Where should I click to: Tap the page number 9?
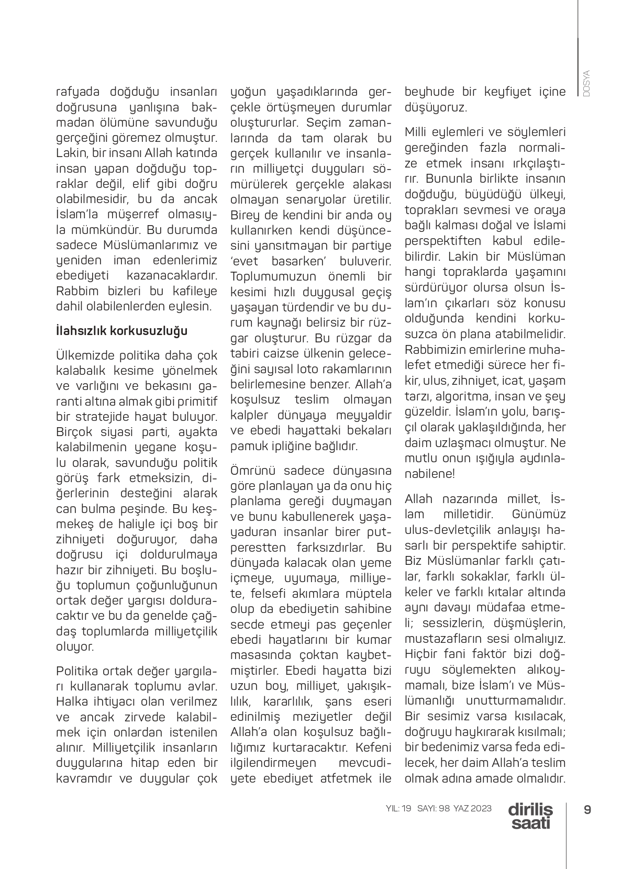click(x=587, y=809)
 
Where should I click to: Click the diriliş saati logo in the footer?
click(x=530, y=816)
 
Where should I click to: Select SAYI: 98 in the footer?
click(x=434, y=808)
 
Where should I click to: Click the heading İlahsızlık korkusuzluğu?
click(x=121, y=331)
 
